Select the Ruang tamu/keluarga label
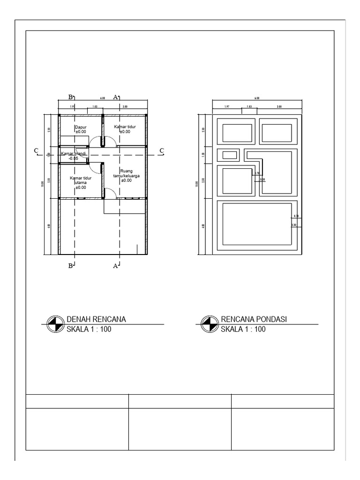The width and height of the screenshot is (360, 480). pyautogui.click(x=126, y=175)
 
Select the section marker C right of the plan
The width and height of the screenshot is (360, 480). pyautogui.click(x=162, y=150)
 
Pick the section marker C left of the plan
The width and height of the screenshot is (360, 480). pyautogui.click(x=36, y=150)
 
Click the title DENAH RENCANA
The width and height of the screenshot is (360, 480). pyautogui.click(x=97, y=320)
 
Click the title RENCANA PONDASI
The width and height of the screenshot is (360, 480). pyautogui.click(x=253, y=320)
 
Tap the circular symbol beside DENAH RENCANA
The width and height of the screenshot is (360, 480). pyautogui.click(x=55, y=324)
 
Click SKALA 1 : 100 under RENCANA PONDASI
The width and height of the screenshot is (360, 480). pyautogui.click(x=243, y=329)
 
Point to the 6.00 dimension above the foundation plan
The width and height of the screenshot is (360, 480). pyautogui.click(x=256, y=98)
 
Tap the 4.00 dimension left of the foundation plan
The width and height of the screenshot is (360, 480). pyautogui.click(x=203, y=226)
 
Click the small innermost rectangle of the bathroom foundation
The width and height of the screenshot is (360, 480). pyautogui.click(x=230, y=155)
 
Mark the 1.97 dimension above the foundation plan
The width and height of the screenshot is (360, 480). pyautogui.click(x=226, y=107)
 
